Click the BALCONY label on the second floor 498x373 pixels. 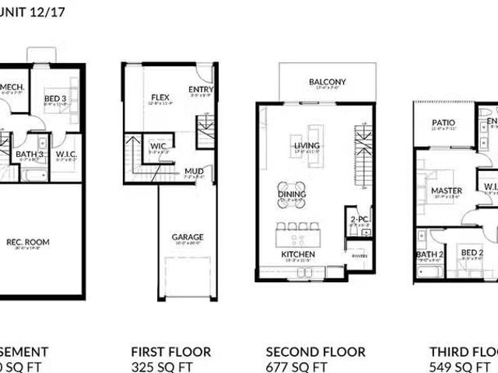pos(327,82)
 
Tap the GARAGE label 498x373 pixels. pos(188,237)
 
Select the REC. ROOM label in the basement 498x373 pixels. pos(28,242)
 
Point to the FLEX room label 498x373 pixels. pos(160,98)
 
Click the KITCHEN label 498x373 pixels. pos(298,255)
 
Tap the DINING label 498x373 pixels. pos(292,194)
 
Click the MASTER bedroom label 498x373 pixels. pos(446,190)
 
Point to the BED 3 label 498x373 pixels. pos(54,98)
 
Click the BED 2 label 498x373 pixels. pos(472,253)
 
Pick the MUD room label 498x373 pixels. pos(193,171)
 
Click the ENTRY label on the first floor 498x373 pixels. pos(201,90)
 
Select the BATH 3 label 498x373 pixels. pos(30,154)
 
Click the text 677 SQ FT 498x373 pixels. pos(296,366)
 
